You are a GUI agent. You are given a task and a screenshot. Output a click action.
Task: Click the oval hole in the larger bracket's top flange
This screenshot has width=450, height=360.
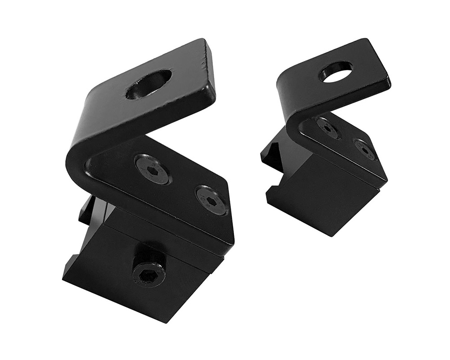click(x=148, y=85)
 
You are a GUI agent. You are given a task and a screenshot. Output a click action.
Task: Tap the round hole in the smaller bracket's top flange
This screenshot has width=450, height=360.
click(x=336, y=72)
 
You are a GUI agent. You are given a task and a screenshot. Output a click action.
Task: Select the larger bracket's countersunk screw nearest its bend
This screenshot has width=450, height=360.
click(x=153, y=169)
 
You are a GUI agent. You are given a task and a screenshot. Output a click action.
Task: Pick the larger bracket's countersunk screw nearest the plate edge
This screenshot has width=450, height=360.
click(x=211, y=200)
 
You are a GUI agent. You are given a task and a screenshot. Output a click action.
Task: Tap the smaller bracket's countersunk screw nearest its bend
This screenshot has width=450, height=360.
click(x=327, y=127)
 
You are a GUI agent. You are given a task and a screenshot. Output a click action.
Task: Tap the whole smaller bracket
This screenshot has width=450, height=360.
click(x=328, y=135)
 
